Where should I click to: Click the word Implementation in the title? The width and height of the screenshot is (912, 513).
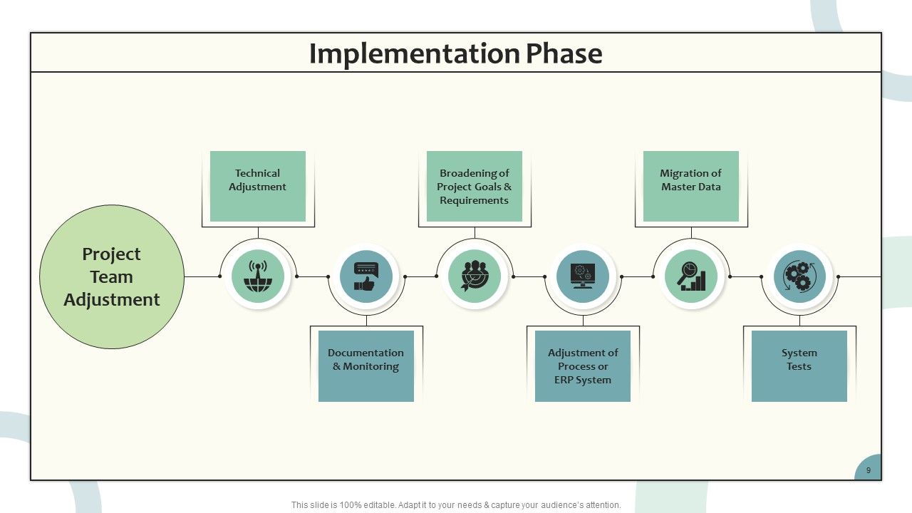click(415, 54)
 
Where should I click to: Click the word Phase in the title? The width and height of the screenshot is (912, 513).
click(564, 53)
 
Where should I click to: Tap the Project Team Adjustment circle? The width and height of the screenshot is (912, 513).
click(112, 277)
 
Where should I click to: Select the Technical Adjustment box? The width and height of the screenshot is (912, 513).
click(258, 187)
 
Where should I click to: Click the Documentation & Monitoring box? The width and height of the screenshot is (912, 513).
click(366, 366)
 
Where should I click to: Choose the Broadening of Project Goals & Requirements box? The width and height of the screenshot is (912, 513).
click(475, 187)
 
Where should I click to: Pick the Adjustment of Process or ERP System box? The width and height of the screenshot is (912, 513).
click(583, 366)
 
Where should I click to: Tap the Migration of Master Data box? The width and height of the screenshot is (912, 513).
click(691, 187)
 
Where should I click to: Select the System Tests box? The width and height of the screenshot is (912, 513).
click(799, 366)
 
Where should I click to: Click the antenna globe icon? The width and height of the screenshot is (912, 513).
click(258, 276)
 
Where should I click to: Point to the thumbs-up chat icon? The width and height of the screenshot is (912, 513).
click(366, 276)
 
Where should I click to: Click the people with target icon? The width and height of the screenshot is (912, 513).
click(475, 276)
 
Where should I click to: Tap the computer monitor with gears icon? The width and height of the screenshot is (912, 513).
click(583, 276)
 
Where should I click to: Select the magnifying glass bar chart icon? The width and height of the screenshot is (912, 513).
click(691, 276)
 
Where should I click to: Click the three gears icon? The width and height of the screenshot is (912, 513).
click(799, 276)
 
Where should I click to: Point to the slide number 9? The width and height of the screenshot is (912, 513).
click(869, 470)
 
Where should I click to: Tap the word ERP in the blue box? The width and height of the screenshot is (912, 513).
click(562, 380)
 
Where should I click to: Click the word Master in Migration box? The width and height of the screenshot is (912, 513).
click(678, 187)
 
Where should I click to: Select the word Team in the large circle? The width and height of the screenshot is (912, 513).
click(112, 277)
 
